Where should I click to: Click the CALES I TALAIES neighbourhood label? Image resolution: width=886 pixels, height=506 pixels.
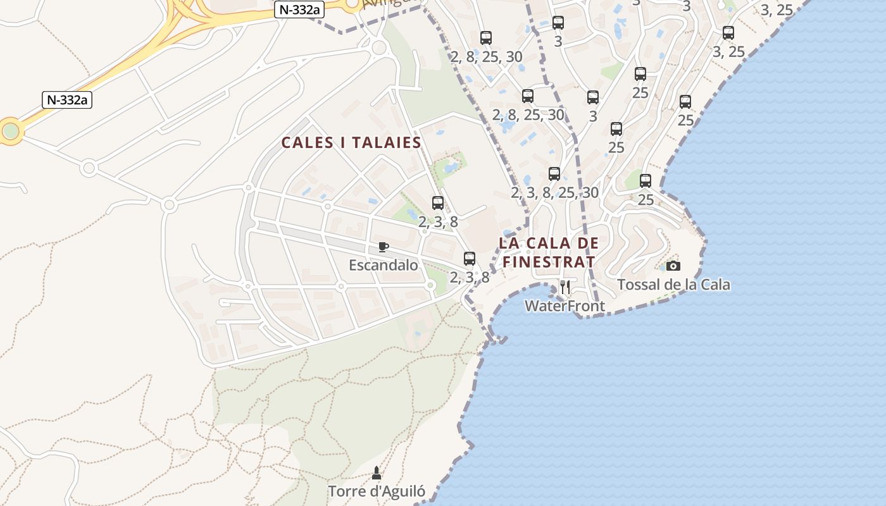[x=351, y=142]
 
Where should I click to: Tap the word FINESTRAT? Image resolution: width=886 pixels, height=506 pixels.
[x=549, y=262]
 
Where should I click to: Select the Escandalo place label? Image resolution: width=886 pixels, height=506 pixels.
[x=384, y=265]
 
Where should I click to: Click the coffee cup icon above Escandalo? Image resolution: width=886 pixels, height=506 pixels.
[x=383, y=247]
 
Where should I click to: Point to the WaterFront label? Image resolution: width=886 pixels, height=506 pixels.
[x=565, y=306]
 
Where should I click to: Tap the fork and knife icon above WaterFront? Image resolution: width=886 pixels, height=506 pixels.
[x=565, y=288]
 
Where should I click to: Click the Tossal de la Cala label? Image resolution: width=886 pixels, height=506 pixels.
[x=673, y=285]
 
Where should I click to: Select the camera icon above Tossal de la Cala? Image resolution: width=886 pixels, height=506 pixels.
[x=673, y=266]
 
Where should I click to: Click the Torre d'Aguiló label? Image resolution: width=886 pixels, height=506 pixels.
[x=377, y=491]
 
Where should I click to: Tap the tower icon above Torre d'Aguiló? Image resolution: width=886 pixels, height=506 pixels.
[x=377, y=472]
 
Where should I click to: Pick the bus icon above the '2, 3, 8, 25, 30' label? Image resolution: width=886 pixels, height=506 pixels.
[x=554, y=173]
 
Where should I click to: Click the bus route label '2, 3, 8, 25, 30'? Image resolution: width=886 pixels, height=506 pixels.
[x=554, y=192]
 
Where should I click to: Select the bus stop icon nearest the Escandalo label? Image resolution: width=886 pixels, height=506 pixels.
[x=469, y=258]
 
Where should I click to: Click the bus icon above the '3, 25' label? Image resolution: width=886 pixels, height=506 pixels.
[x=728, y=33]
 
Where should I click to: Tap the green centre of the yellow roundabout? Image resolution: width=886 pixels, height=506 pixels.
[x=10, y=131]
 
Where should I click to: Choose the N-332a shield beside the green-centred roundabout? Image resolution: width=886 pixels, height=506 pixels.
[x=68, y=99]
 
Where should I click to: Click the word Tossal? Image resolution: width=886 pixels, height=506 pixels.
[x=639, y=285]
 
